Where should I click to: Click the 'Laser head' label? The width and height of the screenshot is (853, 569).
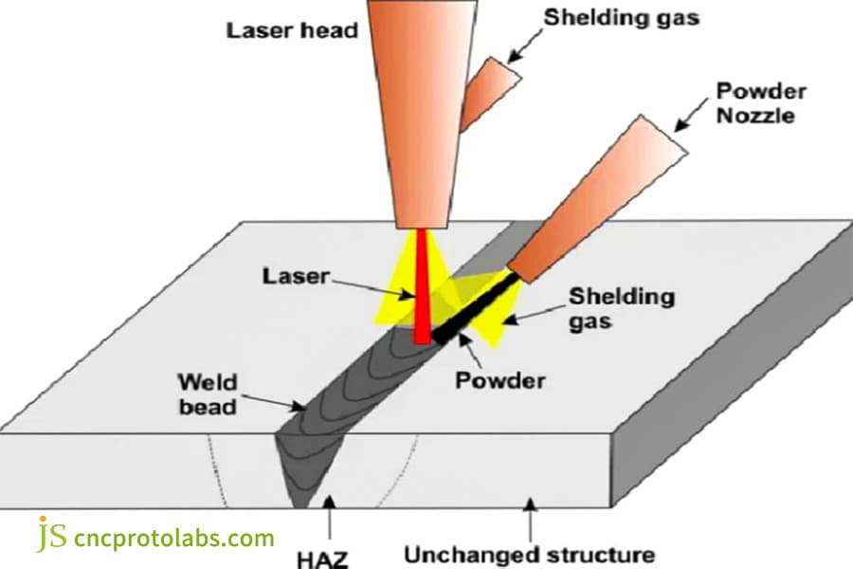291,30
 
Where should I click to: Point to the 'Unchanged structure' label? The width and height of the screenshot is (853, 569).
529,553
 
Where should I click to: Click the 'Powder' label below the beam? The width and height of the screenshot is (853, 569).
500,381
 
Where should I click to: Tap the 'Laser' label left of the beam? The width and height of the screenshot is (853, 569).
296,277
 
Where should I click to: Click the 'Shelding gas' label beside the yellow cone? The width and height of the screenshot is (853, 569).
622,308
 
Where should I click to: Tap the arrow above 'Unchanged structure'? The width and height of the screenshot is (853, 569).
531,517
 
